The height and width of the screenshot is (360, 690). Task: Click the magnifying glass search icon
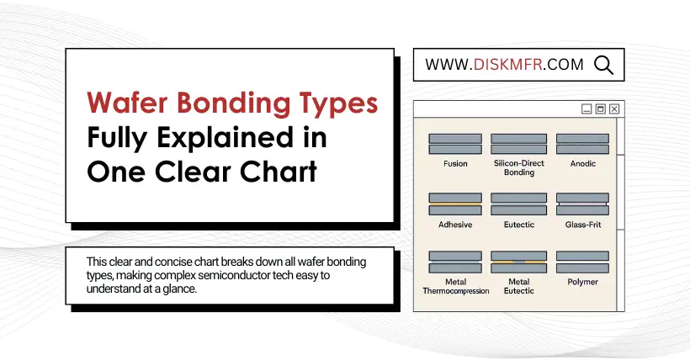click(604, 65)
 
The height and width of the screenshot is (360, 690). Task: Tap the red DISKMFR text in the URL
click(507, 65)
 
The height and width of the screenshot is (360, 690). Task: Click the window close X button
click(614, 109)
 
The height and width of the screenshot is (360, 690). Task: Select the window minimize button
click(586, 109)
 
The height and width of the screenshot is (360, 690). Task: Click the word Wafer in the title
click(127, 103)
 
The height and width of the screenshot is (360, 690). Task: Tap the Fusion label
click(455, 164)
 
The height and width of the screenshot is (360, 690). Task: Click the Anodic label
click(582, 164)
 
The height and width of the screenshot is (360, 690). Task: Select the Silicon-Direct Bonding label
click(519, 167)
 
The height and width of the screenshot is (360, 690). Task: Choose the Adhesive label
click(455, 225)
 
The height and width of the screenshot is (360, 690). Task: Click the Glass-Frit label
click(582, 225)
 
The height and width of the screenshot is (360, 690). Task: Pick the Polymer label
click(582, 282)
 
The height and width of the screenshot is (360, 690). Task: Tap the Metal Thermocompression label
click(456, 286)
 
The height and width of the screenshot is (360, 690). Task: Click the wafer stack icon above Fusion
click(455, 144)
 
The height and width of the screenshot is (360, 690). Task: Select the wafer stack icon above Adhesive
click(455, 204)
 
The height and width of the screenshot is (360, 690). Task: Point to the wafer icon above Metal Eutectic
click(519, 262)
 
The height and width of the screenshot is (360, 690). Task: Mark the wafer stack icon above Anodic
click(582, 144)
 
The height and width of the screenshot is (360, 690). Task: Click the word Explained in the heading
click(225, 137)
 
